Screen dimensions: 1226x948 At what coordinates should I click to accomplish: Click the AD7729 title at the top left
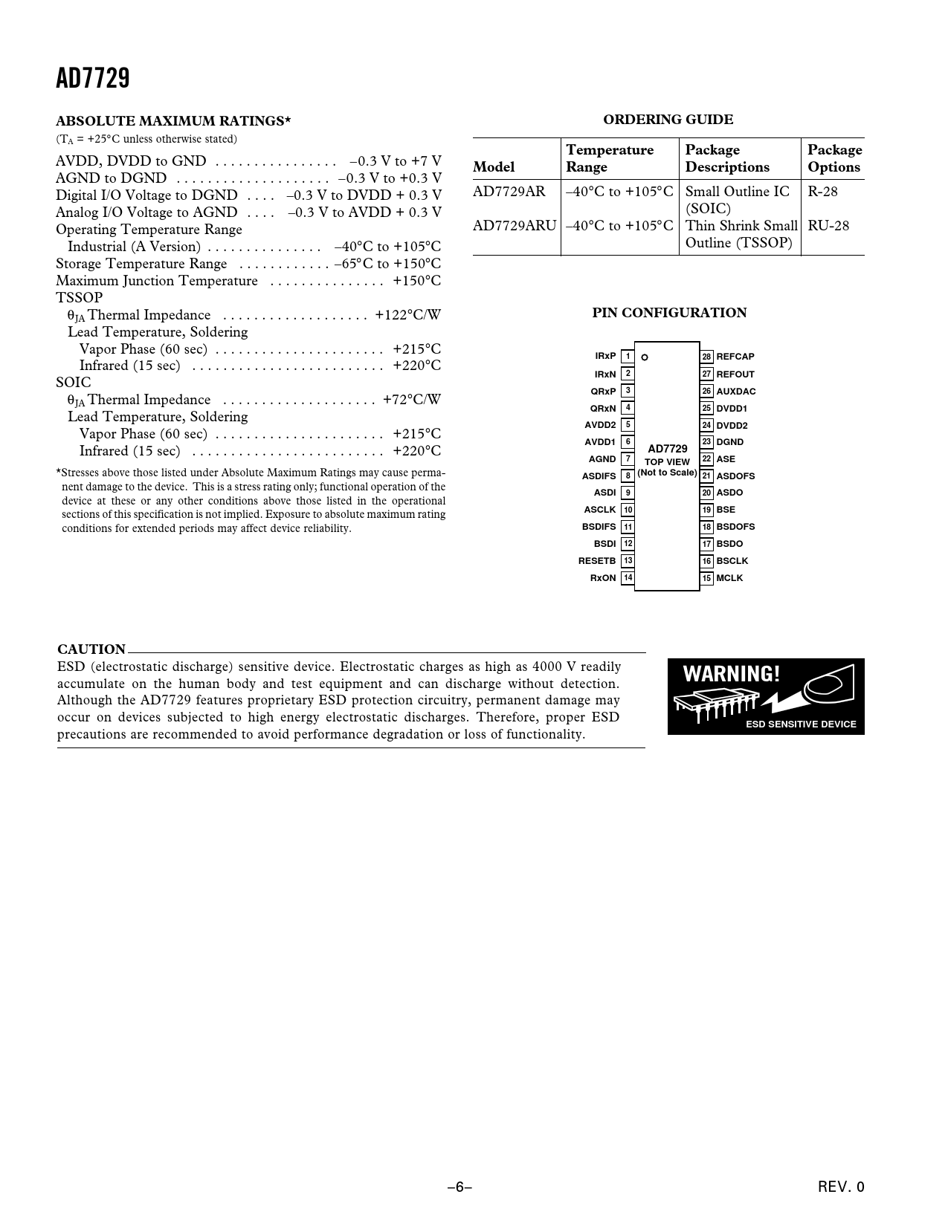pyautogui.click(x=93, y=78)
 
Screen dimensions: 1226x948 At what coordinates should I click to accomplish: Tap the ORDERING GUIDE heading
pyautogui.click(x=668, y=120)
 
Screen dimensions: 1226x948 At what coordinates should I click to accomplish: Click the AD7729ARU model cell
pyautogui.click(x=515, y=226)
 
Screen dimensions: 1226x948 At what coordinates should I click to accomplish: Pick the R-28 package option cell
pyautogui.click(x=823, y=192)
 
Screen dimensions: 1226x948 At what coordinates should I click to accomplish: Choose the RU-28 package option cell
pyautogui.click(x=828, y=226)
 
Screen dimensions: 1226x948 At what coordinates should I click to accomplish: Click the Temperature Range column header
pyautogui.click(x=610, y=158)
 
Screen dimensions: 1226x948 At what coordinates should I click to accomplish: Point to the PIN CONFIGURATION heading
pyautogui.click(x=669, y=313)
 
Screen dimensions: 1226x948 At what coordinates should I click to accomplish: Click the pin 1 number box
pyautogui.click(x=628, y=357)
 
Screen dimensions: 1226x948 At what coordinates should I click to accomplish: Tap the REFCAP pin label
pyautogui.click(x=735, y=357)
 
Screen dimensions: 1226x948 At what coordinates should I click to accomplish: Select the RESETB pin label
pyautogui.click(x=597, y=561)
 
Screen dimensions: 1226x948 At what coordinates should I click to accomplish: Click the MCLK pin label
pyautogui.click(x=729, y=578)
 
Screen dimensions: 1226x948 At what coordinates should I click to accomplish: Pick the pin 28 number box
pyautogui.click(x=707, y=357)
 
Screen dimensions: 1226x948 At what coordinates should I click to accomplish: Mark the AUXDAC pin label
pyautogui.click(x=736, y=392)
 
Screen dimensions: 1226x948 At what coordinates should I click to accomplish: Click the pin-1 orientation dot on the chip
pyautogui.click(x=645, y=357)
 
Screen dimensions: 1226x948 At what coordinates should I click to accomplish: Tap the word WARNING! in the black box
pyautogui.click(x=732, y=675)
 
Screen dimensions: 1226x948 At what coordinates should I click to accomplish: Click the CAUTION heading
pyautogui.click(x=91, y=649)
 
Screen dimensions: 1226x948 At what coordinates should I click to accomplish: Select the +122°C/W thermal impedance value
pyautogui.click(x=408, y=315)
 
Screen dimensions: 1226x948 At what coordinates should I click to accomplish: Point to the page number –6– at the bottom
pyautogui.click(x=460, y=1187)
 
